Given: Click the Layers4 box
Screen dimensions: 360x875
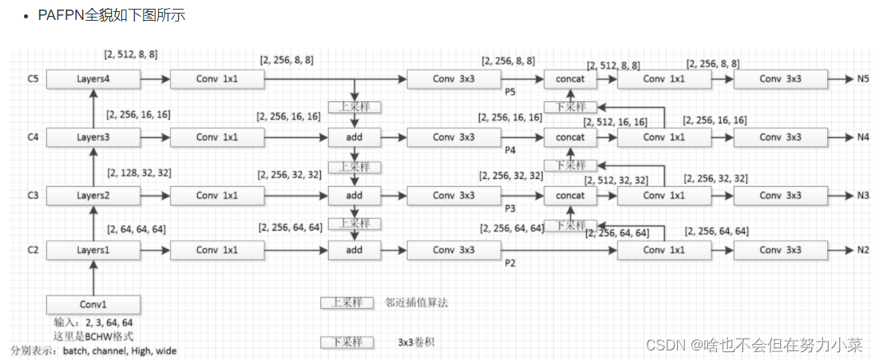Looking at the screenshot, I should pyautogui.click(x=93, y=79).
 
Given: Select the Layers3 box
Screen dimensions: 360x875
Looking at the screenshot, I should pyautogui.click(x=93, y=137).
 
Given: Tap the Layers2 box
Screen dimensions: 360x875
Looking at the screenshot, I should pyautogui.click(x=93, y=195).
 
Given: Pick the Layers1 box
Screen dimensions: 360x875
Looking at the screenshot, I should pyautogui.click(x=93, y=251).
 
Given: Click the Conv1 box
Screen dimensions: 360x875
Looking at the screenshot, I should pyautogui.click(x=93, y=304).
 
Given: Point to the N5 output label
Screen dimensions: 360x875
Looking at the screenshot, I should pyautogui.click(x=863, y=79).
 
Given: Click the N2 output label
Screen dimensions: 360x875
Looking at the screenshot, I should pyautogui.click(x=863, y=251).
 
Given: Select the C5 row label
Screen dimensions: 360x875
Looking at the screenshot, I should pyautogui.click(x=32, y=79).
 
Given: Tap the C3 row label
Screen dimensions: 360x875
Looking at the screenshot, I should pyautogui.click(x=32, y=195).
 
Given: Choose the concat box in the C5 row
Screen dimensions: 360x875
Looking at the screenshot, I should pyautogui.click(x=570, y=79).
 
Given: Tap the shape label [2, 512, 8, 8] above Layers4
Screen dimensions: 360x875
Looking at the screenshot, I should pyautogui.click(x=131, y=55).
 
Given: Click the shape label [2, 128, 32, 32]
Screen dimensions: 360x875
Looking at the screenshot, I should pyautogui.click(x=139, y=172).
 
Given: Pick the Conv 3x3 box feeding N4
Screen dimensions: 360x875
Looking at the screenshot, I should pyautogui.click(x=780, y=137).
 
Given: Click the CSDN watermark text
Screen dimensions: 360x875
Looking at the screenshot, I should pyautogui.click(x=754, y=345).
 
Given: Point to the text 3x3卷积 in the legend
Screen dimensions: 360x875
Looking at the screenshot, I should pyautogui.click(x=416, y=342).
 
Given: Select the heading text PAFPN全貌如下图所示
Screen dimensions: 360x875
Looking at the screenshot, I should pyautogui.click(x=112, y=14).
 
